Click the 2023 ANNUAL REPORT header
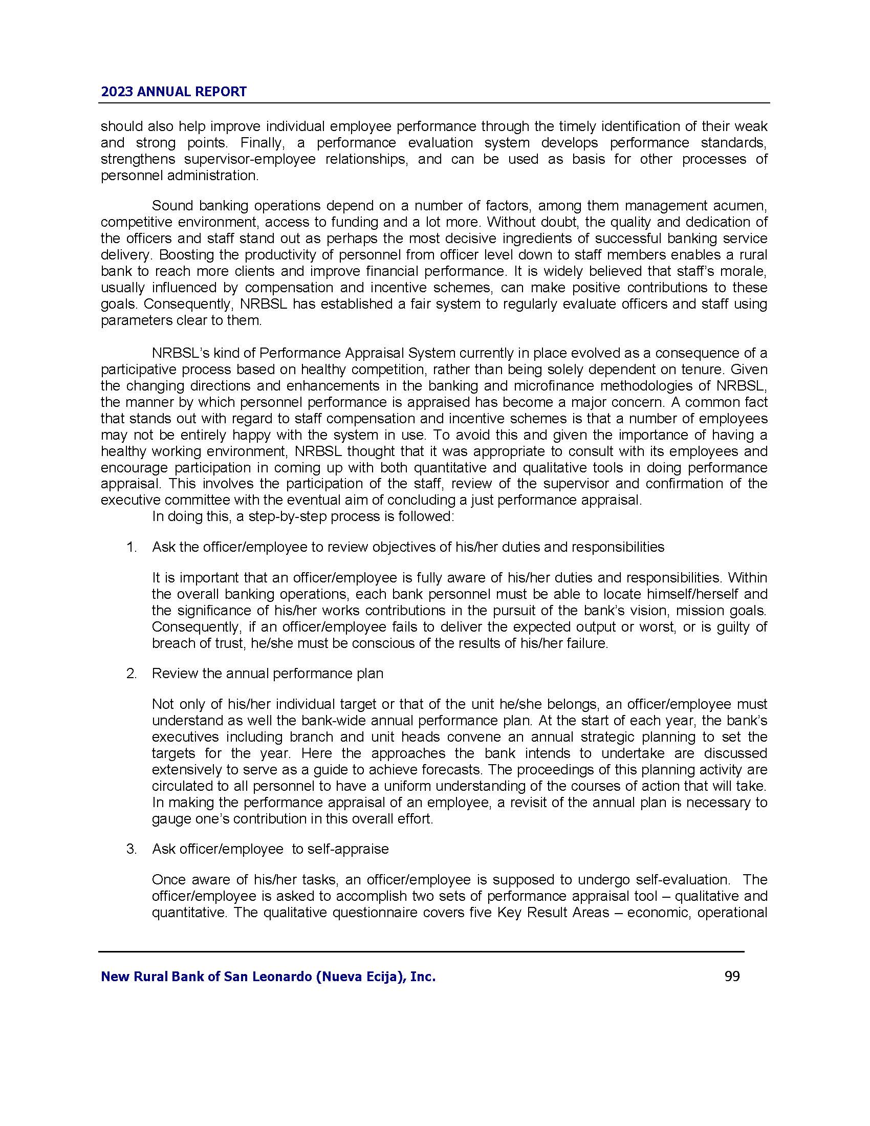click(x=173, y=92)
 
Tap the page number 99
click(x=732, y=976)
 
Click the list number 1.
click(x=132, y=547)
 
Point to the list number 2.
click(x=132, y=674)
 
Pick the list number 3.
click(x=132, y=849)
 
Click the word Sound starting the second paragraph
click(x=172, y=206)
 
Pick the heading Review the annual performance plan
click(x=268, y=674)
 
